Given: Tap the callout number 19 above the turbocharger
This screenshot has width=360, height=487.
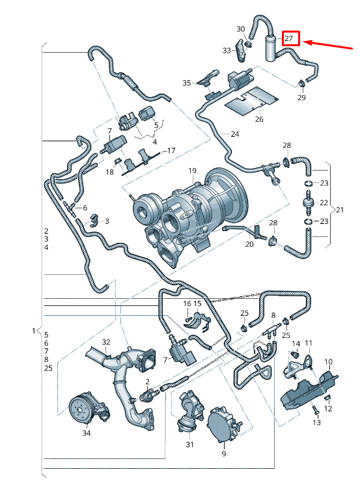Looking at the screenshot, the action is point(192,170).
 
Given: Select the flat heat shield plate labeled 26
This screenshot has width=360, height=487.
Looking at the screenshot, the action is point(251,101).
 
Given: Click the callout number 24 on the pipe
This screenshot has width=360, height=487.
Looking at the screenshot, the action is point(235,134).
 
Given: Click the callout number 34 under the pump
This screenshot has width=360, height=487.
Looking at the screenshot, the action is point(87,433).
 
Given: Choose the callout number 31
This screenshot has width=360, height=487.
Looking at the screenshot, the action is point(190,445).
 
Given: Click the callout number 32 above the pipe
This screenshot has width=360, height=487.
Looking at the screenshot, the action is point(106,342).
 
